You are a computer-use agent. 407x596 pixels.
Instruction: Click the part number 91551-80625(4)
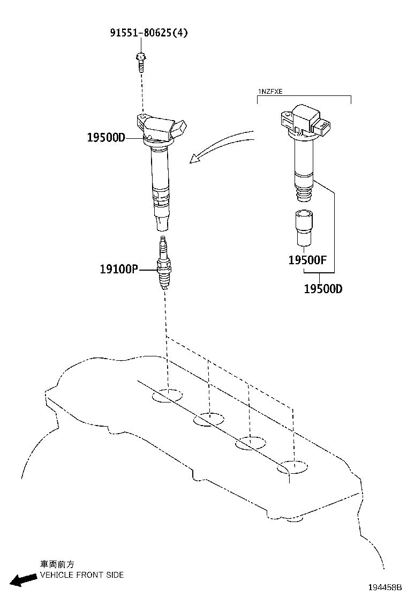coord(149,33)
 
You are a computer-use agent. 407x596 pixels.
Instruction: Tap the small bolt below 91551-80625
coord(141,61)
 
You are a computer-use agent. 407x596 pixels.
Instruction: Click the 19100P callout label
coord(119,269)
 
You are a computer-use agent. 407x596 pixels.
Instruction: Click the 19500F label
coord(308,261)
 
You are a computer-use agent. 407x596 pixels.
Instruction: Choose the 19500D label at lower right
coord(323,289)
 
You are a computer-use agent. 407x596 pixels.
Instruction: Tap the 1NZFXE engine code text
coord(270,92)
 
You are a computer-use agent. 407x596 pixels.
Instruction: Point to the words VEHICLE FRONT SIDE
coord(82,575)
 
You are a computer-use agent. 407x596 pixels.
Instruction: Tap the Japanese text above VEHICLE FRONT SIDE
coord(57,564)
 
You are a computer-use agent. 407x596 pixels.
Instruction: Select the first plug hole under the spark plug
coord(167,397)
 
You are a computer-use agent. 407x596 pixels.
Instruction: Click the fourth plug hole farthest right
coord(292,467)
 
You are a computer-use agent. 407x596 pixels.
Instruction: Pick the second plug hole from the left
coord(209,419)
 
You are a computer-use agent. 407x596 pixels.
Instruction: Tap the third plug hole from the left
coord(250,443)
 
